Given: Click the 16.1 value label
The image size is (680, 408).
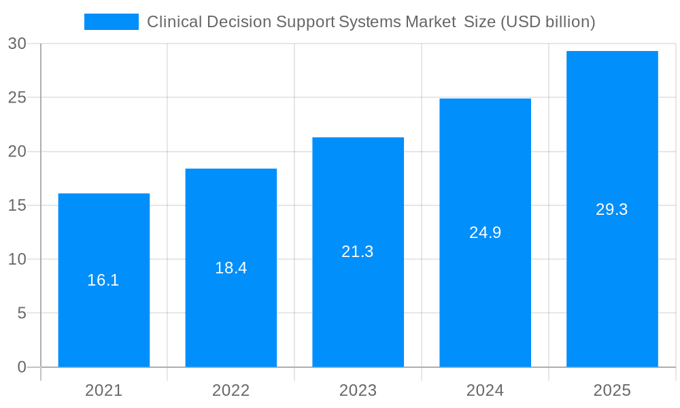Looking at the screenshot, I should pos(103,280).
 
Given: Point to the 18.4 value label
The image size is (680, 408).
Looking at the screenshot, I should pos(231,268).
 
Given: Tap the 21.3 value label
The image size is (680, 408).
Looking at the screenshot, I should pos(358,252).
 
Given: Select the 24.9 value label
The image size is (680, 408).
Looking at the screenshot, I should pos(485,233).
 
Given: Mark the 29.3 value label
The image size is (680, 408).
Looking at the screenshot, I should pos(612,209).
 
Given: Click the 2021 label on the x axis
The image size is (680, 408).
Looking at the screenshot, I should pos(103,390).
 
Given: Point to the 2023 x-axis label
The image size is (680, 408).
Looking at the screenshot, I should pos(358,390).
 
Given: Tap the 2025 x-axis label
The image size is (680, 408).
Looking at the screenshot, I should pos(612,390).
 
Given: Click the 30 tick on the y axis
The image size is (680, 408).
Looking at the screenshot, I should pos(18,44).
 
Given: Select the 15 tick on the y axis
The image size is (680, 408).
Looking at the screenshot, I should pos(18,205).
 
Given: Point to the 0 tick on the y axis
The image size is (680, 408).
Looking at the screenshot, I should pos(22,367).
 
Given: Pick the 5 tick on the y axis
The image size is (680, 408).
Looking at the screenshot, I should pos(22,313).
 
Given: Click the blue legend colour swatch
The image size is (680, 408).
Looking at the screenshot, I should pos(111,22).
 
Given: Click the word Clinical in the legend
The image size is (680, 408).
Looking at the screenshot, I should pos(174,22).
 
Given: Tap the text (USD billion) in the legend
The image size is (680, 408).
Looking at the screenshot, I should pos(547,22).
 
